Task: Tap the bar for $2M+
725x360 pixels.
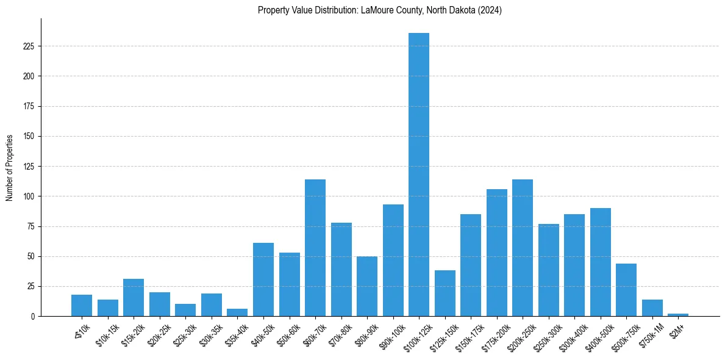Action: tap(678, 315)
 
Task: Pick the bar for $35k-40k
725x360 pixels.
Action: tap(237, 313)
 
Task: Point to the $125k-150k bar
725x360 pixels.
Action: tap(445, 293)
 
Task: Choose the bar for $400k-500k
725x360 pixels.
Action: tap(601, 262)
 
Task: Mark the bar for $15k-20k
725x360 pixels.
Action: tap(134, 298)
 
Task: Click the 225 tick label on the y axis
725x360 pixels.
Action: tap(28, 46)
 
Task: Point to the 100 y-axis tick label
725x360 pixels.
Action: tap(28, 196)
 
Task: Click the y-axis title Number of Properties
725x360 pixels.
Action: tap(10, 168)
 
